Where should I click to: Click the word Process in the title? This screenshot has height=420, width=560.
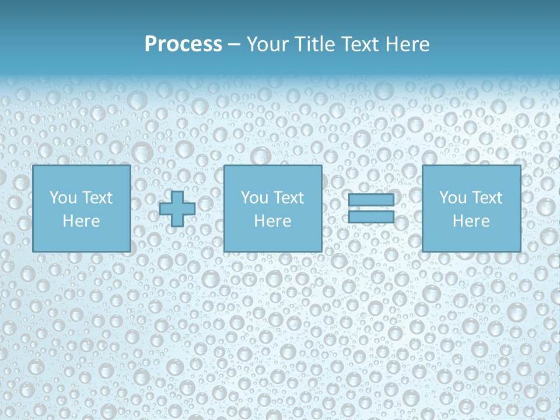tap(183, 44)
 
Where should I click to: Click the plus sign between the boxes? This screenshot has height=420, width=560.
tap(177, 209)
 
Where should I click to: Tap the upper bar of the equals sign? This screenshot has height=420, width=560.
tap(371, 200)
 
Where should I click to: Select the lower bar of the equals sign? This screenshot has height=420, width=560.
tap(371, 217)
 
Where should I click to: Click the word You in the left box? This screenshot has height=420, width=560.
tap(63, 198)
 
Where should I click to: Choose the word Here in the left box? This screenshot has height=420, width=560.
tap(81, 221)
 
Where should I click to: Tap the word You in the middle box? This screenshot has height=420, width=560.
tap(254, 198)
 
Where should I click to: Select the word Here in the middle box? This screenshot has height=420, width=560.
tap(272, 221)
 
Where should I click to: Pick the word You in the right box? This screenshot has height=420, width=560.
tap(453, 198)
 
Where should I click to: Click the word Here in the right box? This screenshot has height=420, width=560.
tap(471, 221)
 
